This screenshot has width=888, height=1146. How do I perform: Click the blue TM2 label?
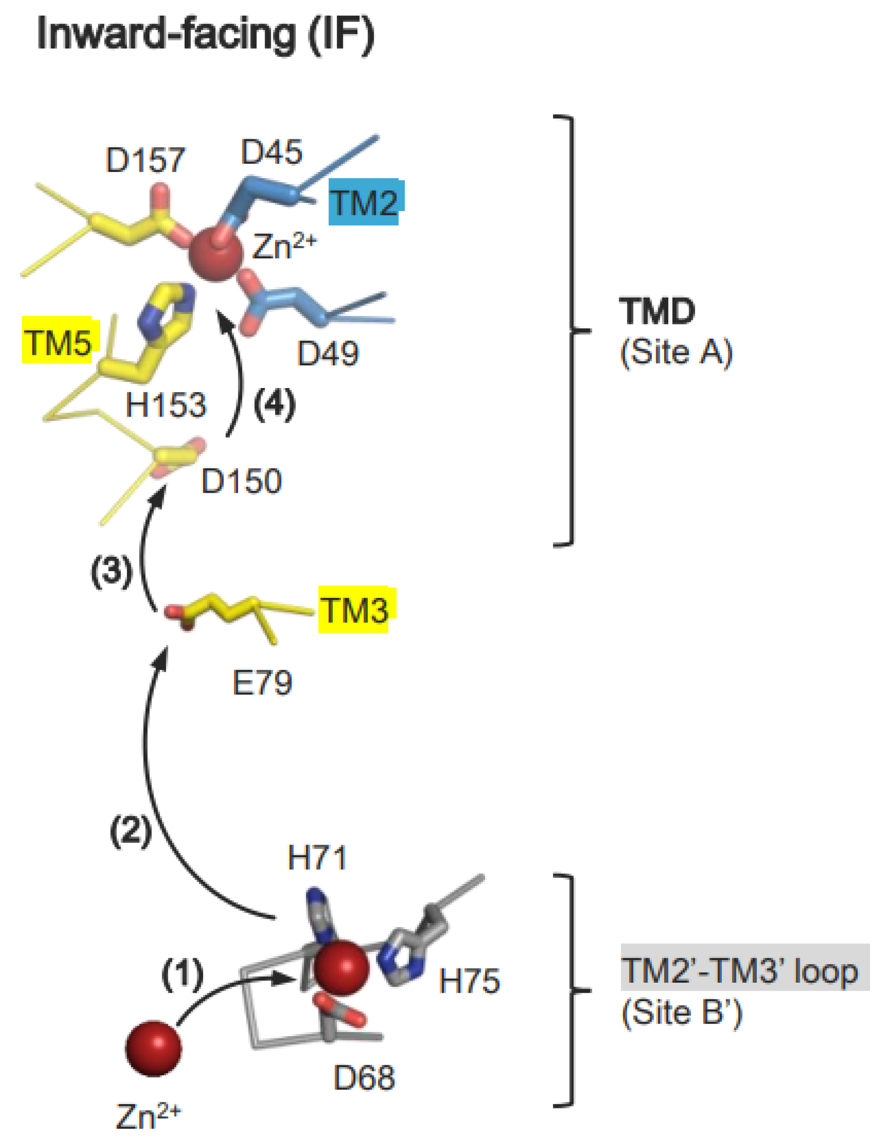tap(363, 203)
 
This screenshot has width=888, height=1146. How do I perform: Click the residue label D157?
tap(145, 160)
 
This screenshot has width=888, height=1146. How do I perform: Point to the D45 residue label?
tap(271, 152)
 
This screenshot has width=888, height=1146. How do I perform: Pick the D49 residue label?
tap(328, 353)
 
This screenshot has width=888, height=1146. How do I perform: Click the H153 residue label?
tap(166, 405)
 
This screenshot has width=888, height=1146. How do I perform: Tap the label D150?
tap(241, 481)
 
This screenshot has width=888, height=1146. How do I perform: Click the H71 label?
tap(317, 859)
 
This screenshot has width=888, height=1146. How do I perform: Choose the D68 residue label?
tap(364, 1078)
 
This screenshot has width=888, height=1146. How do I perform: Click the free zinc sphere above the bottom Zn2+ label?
tap(153, 1048)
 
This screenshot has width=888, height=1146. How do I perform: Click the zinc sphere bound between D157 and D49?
tap(216, 253)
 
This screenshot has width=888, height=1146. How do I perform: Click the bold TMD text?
tap(657, 312)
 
